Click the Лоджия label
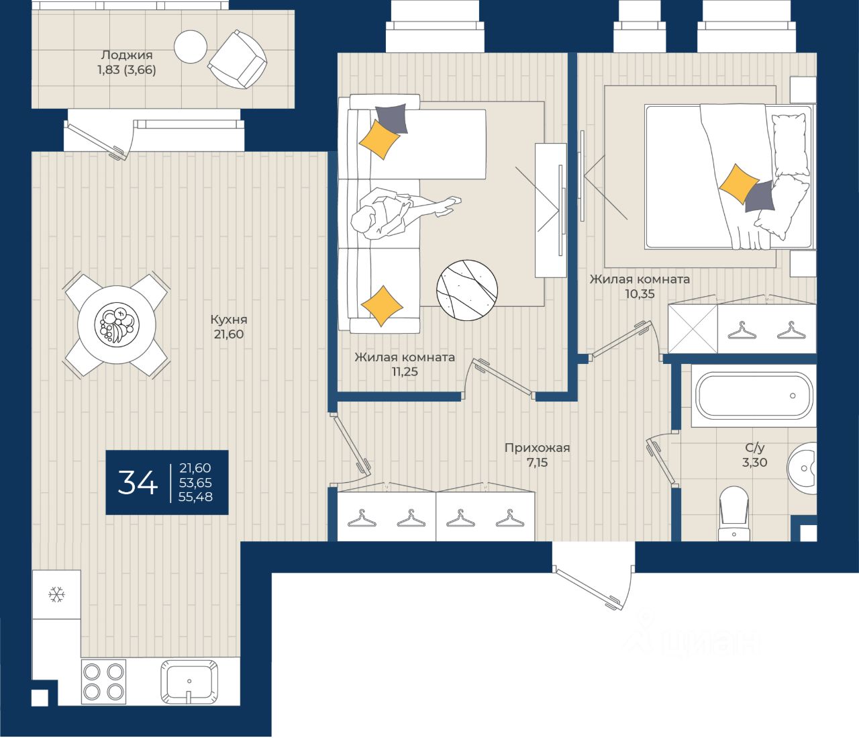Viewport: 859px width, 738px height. (127, 54)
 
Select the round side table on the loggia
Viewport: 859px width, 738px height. (191, 47)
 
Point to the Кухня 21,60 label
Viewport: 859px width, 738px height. (229, 326)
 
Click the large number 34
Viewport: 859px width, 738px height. (138, 482)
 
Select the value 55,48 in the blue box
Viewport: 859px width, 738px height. (195, 496)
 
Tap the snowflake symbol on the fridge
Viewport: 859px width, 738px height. (56, 594)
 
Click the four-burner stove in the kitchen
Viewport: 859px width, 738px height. (103, 682)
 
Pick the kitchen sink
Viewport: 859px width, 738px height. (189, 682)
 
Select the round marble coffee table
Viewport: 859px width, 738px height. (466, 290)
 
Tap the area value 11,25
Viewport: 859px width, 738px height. (405, 371)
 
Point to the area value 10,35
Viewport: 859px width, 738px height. (640, 293)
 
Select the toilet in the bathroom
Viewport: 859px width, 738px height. (734, 514)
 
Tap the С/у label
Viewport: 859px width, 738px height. (755, 447)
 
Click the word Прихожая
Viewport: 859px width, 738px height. (537, 447)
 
